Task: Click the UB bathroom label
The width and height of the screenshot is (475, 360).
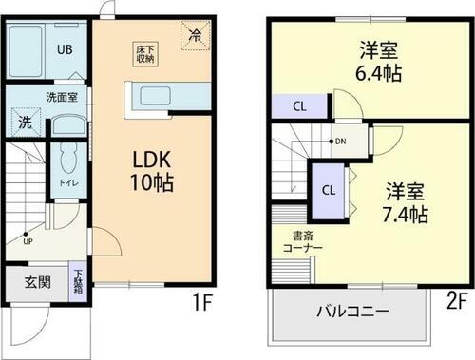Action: pos(65,48)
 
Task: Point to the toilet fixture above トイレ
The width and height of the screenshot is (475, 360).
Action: pos(68,157)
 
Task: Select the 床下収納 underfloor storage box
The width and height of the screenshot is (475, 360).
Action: pos(143,52)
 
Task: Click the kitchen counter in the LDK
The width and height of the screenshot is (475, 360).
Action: pos(166,95)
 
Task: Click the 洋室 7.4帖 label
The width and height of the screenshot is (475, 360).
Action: pos(400,200)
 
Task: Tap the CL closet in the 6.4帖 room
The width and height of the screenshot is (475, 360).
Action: pos(298,106)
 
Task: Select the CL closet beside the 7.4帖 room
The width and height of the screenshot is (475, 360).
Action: pos(328,189)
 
